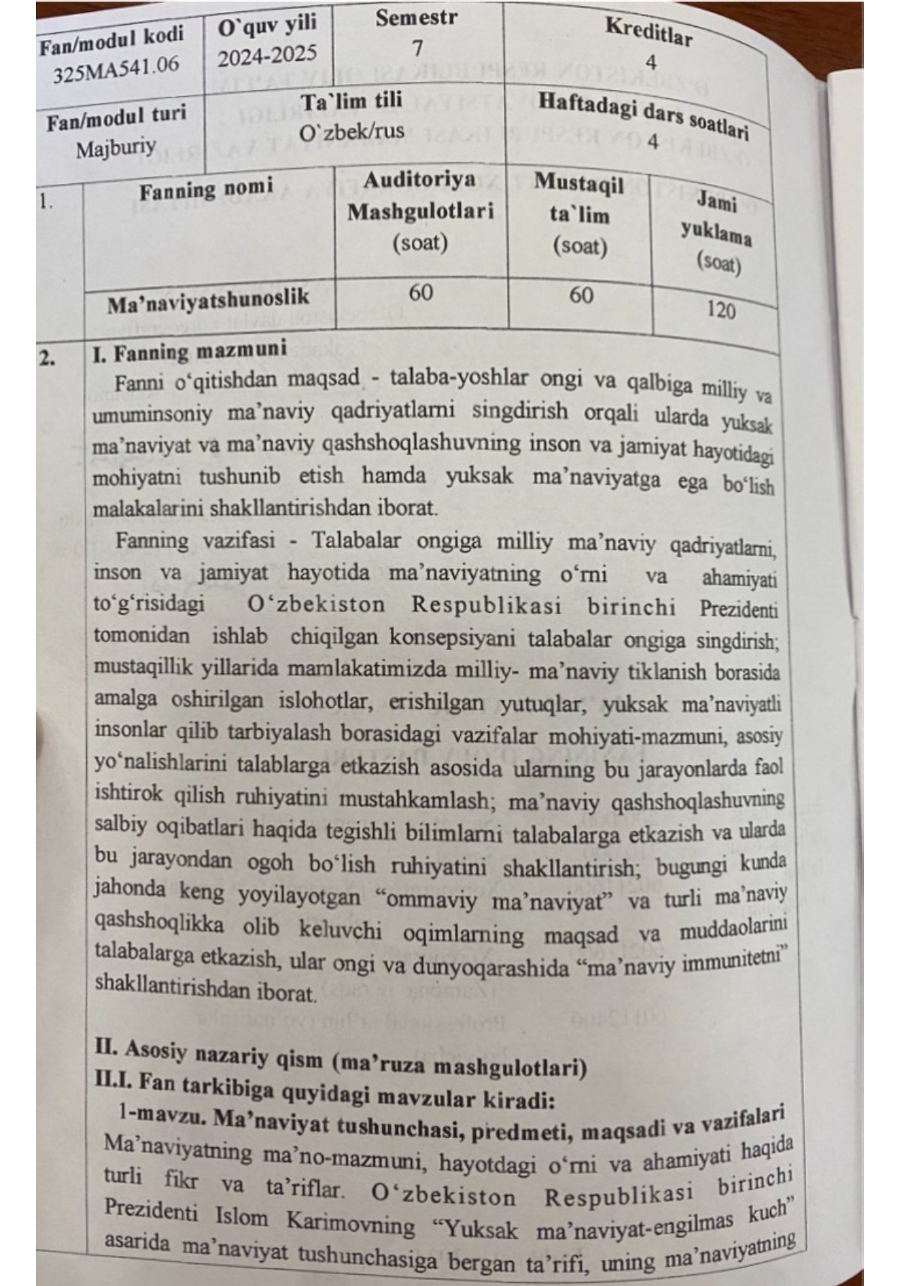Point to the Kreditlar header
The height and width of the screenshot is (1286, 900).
tap(648, 32)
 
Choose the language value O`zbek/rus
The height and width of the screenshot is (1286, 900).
tap(351, 131)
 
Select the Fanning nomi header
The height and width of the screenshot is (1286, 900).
tap(206, 189)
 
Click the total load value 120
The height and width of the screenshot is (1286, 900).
tap(720, 309)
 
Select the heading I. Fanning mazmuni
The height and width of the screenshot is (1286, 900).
tap(189, 352)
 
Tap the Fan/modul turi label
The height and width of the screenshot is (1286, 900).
tap(116, 117)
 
